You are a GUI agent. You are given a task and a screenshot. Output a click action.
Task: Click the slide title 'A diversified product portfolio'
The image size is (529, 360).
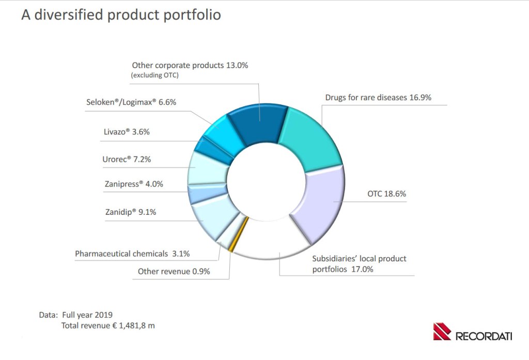point(121,15)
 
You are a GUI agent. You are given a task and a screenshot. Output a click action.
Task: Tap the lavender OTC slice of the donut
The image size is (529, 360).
point(320,204)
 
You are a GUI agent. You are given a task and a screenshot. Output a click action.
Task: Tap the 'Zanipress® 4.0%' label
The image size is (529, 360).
point(133,184)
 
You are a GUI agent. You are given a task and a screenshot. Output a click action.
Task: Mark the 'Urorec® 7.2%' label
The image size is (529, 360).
point(126,159)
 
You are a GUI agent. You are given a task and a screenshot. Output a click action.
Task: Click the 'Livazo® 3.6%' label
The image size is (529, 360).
point(127,132)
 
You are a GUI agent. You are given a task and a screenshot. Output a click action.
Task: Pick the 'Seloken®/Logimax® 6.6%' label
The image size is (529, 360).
point(131,102)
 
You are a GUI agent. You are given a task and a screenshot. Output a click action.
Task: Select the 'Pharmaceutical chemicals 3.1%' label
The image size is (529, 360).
point(132,254)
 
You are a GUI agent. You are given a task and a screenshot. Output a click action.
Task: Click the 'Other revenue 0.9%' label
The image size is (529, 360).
point(174,272)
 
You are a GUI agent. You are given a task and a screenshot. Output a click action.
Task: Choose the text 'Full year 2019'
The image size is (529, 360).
point(87,315)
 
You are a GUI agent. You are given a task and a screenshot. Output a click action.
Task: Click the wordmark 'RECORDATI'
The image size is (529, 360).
point(484,336)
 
